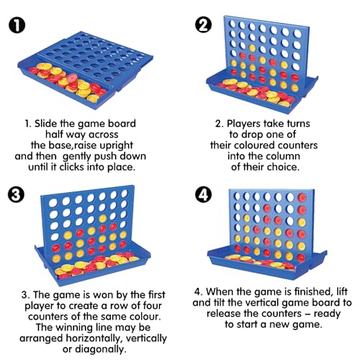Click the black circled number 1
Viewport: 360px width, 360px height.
(17, 25)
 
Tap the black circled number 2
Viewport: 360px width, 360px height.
(203, 25)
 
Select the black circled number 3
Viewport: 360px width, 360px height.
(16, 194)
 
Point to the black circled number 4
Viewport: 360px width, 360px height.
(203, 194)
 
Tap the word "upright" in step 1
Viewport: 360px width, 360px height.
(116, 145)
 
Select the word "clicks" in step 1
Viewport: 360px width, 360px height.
(72, 167)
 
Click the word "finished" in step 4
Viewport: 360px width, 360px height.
(314, 292)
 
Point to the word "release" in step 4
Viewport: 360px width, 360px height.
(224, 313)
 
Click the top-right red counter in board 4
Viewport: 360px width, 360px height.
(302, 198)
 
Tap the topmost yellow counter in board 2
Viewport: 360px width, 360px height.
(252, 48)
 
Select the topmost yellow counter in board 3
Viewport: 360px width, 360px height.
(103, 218)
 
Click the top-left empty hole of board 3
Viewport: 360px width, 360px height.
(53, 203)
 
